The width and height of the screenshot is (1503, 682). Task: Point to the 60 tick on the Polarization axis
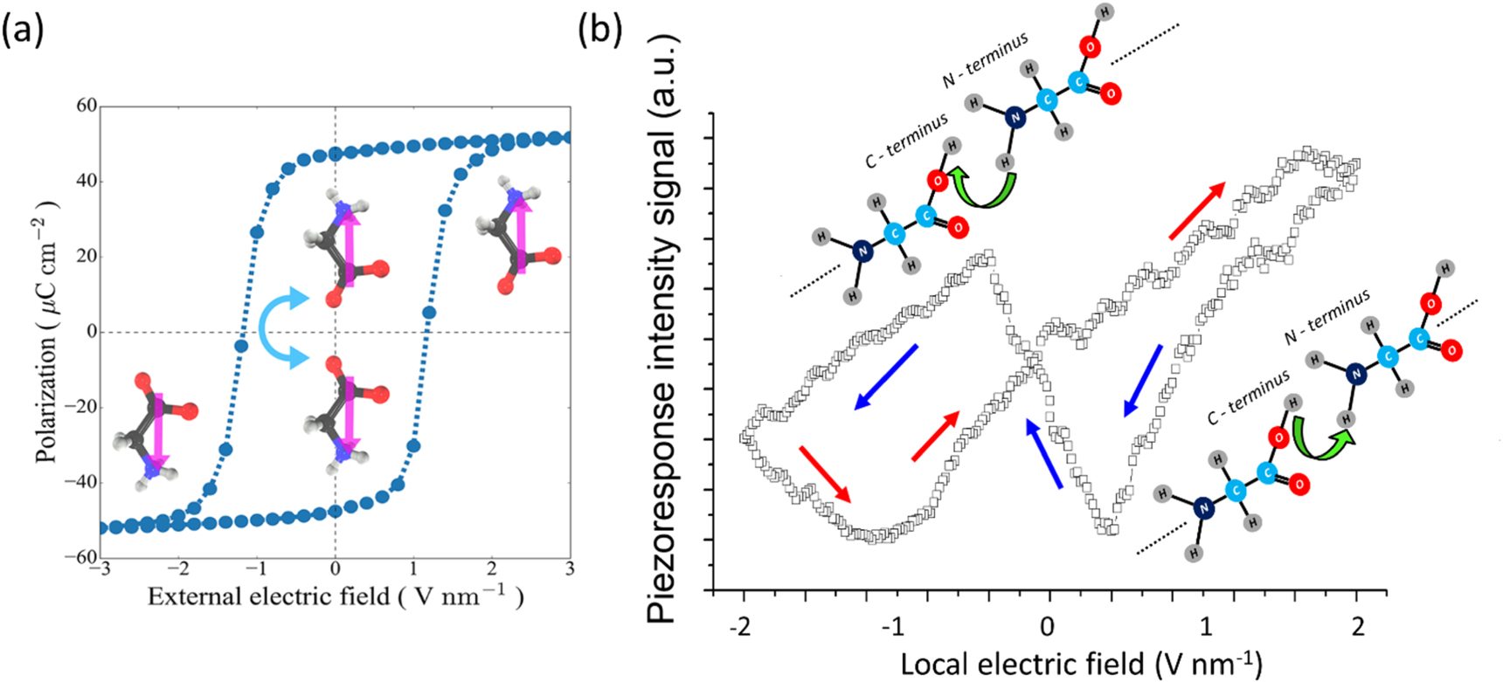click(x=86, y=107)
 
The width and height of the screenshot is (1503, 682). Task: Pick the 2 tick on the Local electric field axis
click(x=1357, y=627)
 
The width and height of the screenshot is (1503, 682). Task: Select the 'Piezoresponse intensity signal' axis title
click(x=662, y=330)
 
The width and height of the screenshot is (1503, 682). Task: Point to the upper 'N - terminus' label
click(x=985, y=60)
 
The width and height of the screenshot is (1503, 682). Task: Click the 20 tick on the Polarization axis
click(x=86, y=257)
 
